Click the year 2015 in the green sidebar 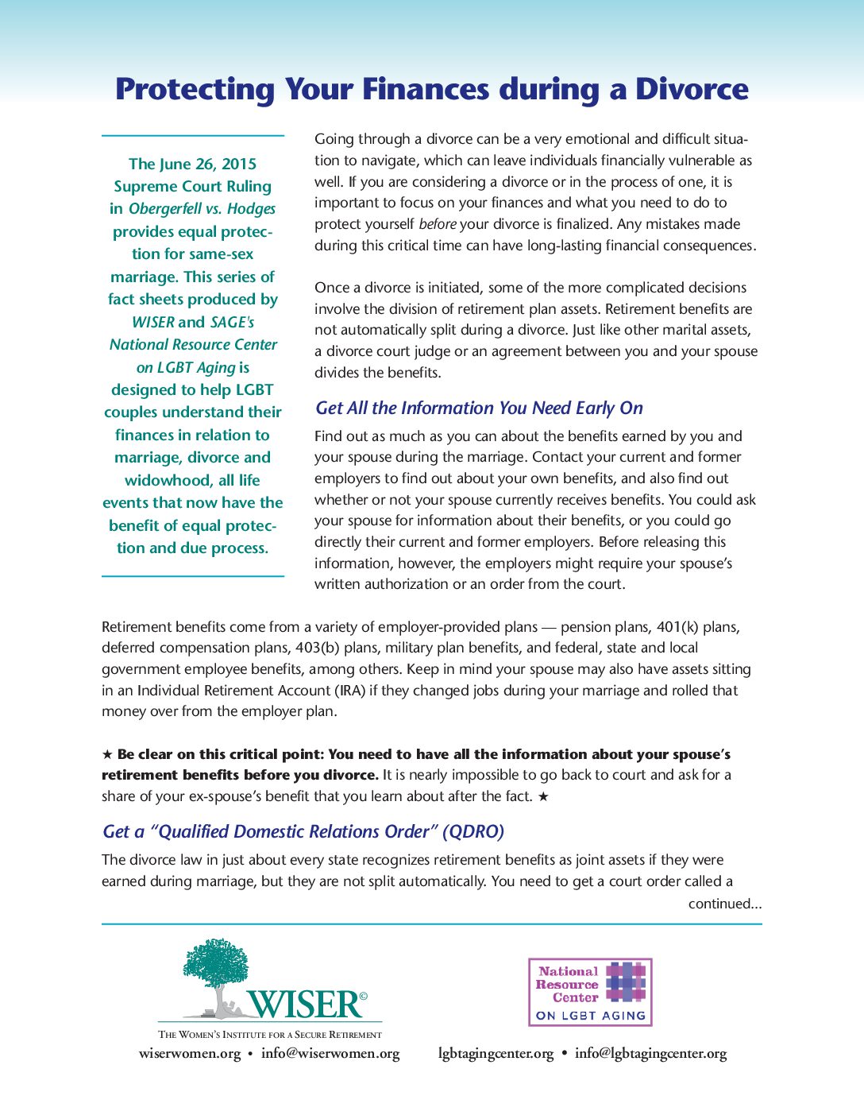click(x=238, y=164)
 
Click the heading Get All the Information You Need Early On click(x=479, y=408)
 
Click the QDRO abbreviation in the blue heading click(x=473, y=831)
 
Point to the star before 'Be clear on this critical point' click(x=107, y=754)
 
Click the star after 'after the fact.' click(x=543, y=796)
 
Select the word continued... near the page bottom click(x=724, y=904)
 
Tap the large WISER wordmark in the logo click(x=306, y=1005)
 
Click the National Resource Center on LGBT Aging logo click(x=590, y=992)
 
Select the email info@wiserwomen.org click(x=330, y=1054)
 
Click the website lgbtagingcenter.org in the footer click(x=496, y=1054)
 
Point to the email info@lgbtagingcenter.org click(x=650, y=1054)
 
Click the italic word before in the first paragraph click(x=437, y=224)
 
